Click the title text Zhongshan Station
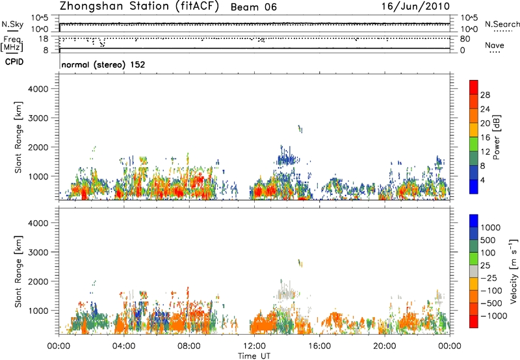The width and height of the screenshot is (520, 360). [x=110, y=6]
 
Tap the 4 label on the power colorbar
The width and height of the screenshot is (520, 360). [x=484, y=179]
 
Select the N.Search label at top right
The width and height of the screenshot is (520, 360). [x=502, y=24]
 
